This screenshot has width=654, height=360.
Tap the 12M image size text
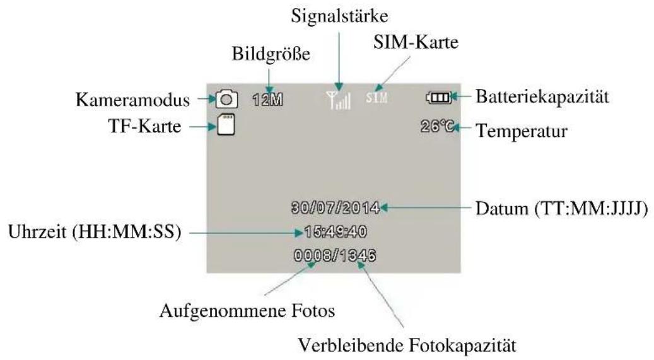point(266,99)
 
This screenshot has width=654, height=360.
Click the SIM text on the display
point(377,98)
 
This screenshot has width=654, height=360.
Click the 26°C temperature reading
point(437,127)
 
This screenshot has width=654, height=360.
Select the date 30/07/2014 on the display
point(336,207)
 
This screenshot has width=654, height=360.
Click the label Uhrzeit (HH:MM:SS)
point(96,233)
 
